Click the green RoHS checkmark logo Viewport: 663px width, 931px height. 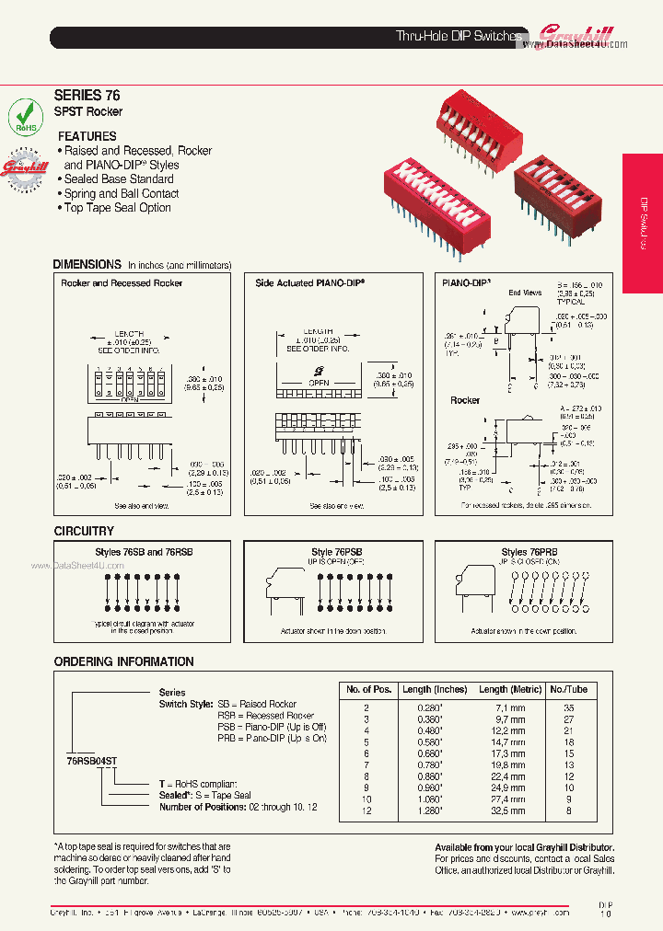tap(26, 119)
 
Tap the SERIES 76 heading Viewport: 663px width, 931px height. tap(87, 95)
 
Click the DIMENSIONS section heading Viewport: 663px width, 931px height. tap(87, 264)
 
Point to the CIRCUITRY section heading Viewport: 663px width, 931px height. tap(84, 531)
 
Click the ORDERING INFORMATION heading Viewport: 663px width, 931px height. tap(123, 661)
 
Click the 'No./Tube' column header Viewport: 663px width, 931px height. tap(569, 689)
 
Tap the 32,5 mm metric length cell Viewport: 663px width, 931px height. tap(507, 811)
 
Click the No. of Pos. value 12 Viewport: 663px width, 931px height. tap(367, 811)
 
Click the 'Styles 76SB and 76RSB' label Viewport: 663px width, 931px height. tap(145, 552)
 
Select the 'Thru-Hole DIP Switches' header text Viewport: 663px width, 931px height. tap(459, 36)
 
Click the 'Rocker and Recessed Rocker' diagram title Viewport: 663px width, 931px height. tap(122, 283)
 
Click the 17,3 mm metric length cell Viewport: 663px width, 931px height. tap(507, 753)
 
